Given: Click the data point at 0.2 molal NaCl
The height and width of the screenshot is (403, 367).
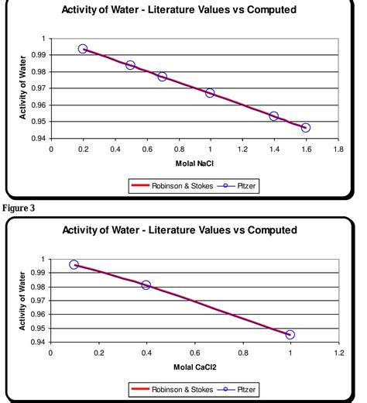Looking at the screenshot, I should coord(83,49).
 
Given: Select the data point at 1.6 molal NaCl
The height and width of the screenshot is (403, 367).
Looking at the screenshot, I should coord(306,128).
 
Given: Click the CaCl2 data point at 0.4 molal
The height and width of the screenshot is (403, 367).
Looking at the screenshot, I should coord(146,285).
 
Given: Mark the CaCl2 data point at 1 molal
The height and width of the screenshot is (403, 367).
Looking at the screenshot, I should coord(290,335).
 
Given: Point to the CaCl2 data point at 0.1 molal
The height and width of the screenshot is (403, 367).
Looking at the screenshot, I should coord(74,265).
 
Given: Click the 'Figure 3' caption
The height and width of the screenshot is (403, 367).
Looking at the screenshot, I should coord(19,208).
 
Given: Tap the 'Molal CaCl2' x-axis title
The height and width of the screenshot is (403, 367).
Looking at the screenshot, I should coord(194,366).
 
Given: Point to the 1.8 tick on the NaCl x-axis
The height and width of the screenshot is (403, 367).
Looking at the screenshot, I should coord(338,149).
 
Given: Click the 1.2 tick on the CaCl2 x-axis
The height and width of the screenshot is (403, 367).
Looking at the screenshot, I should coord(338,352).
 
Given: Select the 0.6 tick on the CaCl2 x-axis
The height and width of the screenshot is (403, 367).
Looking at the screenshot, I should coord(194,352).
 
